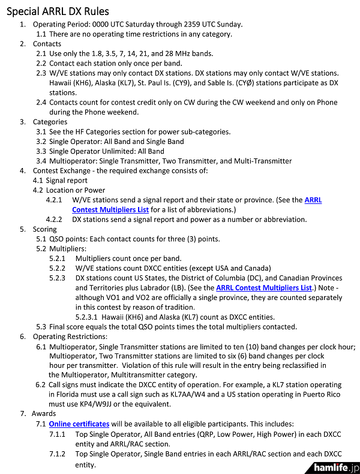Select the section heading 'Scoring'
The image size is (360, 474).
pyautogui.click(x=45, y=229)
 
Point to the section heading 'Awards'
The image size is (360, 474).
pyautogui.click(x=44, y=414)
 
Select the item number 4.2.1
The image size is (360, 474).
pyautogui.click(x=56, y=200)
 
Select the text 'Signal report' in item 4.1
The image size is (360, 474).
pyautogui.click(x=67, y=181)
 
